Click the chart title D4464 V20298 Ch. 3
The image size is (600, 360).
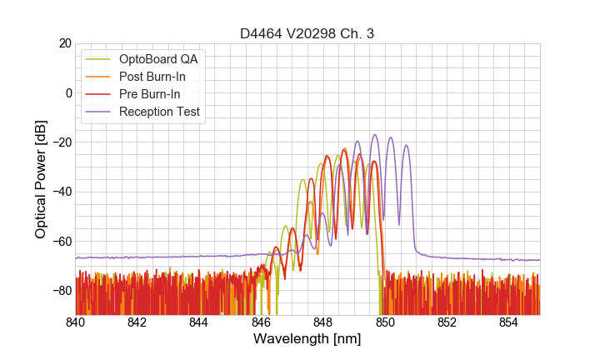[307, 34]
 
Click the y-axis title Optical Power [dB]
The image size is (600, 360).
[40, 179]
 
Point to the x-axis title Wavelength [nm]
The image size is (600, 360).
[307, 339]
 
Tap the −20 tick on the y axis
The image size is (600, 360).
[61, 142]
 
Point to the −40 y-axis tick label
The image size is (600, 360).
[61, 192]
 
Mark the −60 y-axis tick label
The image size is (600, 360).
[61, 241]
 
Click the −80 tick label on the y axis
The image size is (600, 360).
[61, 290]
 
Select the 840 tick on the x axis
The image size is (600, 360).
[76, 322]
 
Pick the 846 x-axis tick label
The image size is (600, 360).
[261, 322]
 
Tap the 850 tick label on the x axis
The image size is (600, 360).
[385, 322]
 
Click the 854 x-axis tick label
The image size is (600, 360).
[508, 322]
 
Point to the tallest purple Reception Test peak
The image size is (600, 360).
[375, 135]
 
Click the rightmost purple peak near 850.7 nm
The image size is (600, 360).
[407, 146]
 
